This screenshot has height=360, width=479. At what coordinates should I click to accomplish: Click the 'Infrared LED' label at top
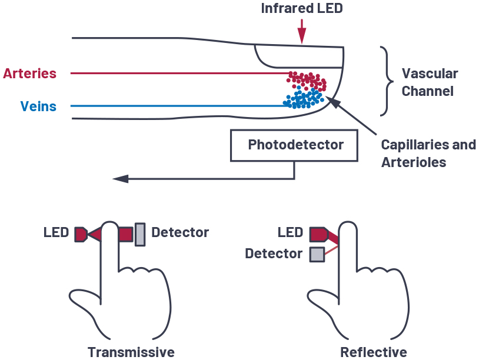click(301, 9)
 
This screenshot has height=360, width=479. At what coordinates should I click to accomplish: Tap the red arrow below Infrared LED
click(301, 32)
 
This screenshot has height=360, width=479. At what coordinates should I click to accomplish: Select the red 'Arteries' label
click(30, 74)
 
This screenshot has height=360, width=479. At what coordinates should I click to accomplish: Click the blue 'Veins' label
click(38, 106)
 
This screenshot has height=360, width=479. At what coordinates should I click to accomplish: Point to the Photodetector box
click(295, 145)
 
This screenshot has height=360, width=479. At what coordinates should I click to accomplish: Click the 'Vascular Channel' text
click(429, 82)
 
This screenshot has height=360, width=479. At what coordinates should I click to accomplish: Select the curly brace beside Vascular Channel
click(385, 81)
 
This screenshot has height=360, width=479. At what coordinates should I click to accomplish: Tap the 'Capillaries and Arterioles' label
click(428, 153)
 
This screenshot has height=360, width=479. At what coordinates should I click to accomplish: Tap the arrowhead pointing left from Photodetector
click(120, 178)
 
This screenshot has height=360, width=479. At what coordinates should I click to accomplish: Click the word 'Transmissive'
click(131, 352)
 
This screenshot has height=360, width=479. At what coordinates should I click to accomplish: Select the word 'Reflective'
click(373, 352)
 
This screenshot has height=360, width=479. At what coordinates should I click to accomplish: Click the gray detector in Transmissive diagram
click(140, 234)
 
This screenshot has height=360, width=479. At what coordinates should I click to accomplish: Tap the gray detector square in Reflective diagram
click(317, 254)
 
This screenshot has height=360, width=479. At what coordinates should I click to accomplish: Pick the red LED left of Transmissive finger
click(81, 235)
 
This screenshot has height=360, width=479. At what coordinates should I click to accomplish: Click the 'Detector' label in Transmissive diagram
click(179, 232)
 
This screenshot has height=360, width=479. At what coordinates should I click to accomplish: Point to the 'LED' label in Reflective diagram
click(290, 232)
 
